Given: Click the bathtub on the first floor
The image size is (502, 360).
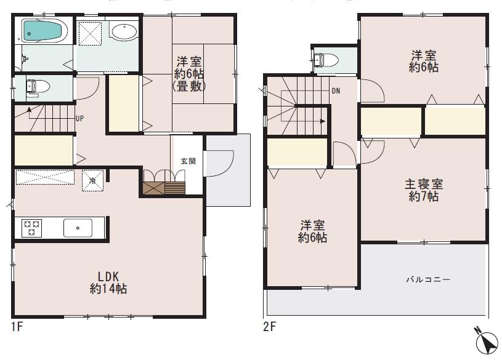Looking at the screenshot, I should [44, 31].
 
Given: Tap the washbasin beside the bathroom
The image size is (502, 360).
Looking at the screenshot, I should [125, 32].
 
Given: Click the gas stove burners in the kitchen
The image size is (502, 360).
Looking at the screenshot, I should [31, 228].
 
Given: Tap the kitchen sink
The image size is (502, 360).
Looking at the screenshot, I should [78, 228].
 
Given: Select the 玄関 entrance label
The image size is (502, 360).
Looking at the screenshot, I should [188, 161].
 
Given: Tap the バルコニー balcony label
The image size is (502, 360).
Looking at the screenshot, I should [427, 279].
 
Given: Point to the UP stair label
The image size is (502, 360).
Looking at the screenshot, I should [79, 118].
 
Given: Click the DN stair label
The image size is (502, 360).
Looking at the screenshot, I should [336, 91].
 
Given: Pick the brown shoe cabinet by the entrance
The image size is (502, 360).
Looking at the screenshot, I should [164, 188].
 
